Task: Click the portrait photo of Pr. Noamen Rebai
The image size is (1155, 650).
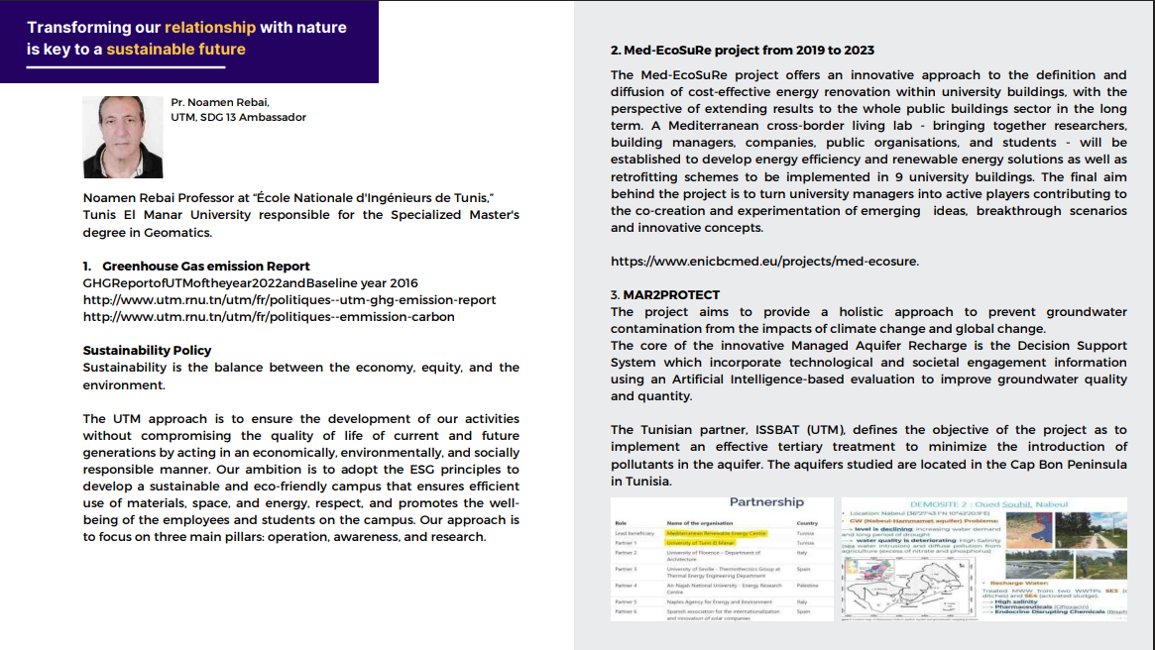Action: [x=122, y=137]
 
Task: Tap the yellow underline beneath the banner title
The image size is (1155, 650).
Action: [x=126, y=66]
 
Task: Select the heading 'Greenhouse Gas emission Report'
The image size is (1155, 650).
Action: [x=205, y=266]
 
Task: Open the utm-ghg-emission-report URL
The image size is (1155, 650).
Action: [x=289, y=299]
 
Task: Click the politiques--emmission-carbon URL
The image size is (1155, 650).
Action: [x=268, y=316]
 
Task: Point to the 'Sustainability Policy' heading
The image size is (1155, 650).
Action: [x=147, y=350]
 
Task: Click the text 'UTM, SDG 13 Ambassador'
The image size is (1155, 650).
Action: [x=238, y=117]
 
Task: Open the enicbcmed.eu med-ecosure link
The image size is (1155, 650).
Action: [x=764, y=262]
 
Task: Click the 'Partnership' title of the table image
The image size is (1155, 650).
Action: [x=766, y=502]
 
